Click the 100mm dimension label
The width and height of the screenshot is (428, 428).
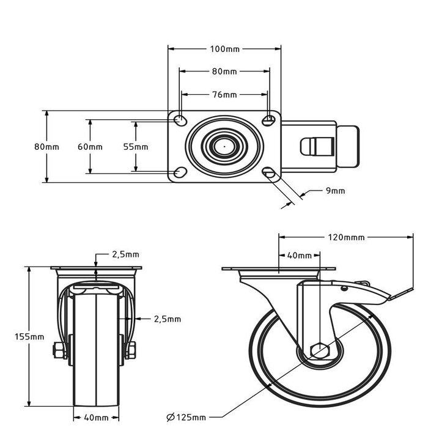[x=224, y=49]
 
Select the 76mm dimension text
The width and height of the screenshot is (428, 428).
[x=224, y=95]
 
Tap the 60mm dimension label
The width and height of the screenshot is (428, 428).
[x=90, y=147]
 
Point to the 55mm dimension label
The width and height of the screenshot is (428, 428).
[x=136, y=147]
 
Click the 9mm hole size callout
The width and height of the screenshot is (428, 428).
[x=336, y=191]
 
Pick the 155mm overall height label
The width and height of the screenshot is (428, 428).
[x=29, y=337]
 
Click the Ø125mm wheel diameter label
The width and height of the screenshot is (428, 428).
[x=186, y=418]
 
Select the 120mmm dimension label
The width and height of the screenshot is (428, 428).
[x=346, y=237]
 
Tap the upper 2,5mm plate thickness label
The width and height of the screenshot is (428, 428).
[x=126, y=254]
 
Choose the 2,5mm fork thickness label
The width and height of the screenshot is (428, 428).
[x=168, y=319]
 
